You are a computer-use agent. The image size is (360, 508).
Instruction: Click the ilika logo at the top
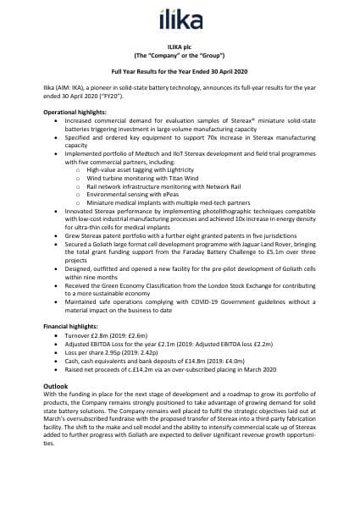tap(180, 17)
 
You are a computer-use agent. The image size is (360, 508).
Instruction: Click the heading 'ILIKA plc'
tap(180, 50)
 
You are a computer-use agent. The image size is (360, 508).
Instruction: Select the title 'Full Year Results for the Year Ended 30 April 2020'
tap(180, 75)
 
